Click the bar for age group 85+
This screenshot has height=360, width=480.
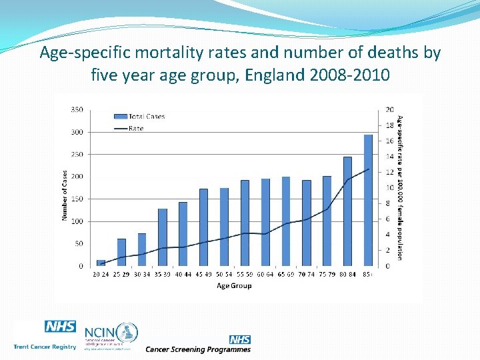(368, 200)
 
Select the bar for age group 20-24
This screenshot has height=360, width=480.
(101, 263)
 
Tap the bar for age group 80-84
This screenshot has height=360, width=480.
(347, 211)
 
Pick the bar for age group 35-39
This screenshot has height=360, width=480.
(163, 237)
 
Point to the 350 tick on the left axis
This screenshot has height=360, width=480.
(77, 109)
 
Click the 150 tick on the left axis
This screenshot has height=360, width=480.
(77, 199)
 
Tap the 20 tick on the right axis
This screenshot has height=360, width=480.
(389, 109)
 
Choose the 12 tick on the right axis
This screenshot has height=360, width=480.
(389, 172)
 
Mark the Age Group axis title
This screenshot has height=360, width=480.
(234, 286)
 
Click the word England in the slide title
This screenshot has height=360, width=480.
(275, 74)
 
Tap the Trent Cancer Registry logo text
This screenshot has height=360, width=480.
(45, 347)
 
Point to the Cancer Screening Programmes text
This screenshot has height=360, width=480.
(198, 349)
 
